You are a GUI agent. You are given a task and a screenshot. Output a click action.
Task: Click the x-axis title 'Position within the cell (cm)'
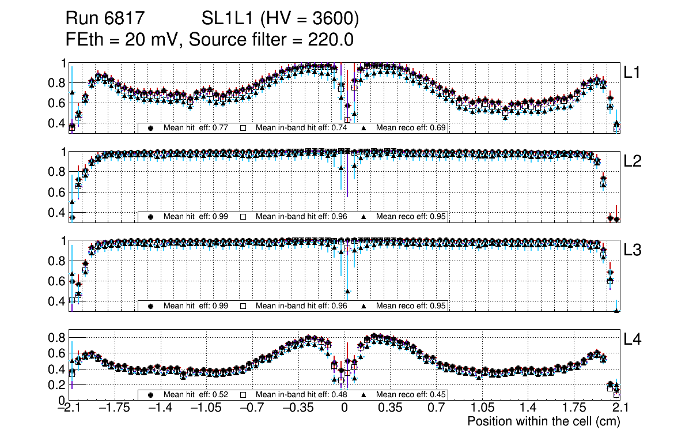pos(543,421)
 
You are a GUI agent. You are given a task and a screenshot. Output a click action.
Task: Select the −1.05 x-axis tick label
pos(206,408)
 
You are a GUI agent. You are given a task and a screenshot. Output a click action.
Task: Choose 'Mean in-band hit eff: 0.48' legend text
pos(301,395)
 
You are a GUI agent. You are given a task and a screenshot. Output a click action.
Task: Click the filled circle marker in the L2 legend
pos(151,217)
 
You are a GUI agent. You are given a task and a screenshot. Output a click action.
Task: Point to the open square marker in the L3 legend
pos(243,306)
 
